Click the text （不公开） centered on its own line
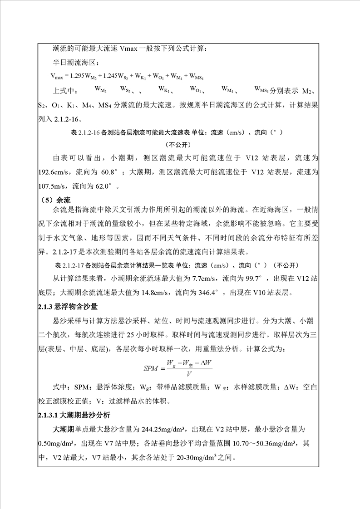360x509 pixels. (x=180, y=145)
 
